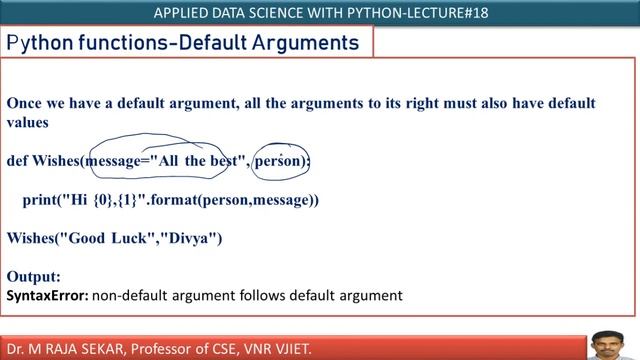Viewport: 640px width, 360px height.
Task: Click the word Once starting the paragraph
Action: pos(26,103)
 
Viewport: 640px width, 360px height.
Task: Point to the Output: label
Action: pos(34,276)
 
